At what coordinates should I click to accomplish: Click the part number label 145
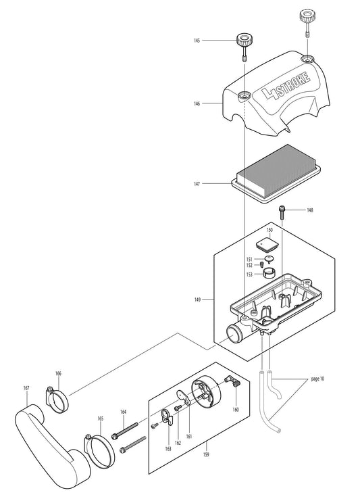197,41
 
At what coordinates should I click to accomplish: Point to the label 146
197,103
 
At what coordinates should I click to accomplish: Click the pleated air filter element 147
276,174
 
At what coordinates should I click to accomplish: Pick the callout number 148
309,210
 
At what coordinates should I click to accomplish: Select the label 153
249,274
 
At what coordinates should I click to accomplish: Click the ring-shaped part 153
270,274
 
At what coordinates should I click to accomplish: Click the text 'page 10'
317,379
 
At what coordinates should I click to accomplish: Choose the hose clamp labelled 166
57,400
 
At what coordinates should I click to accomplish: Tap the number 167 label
26,388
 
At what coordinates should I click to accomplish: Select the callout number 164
123,412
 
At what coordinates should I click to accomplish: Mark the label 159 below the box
207,454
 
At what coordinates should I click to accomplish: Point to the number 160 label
236,410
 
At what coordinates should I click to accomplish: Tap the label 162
178,443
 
